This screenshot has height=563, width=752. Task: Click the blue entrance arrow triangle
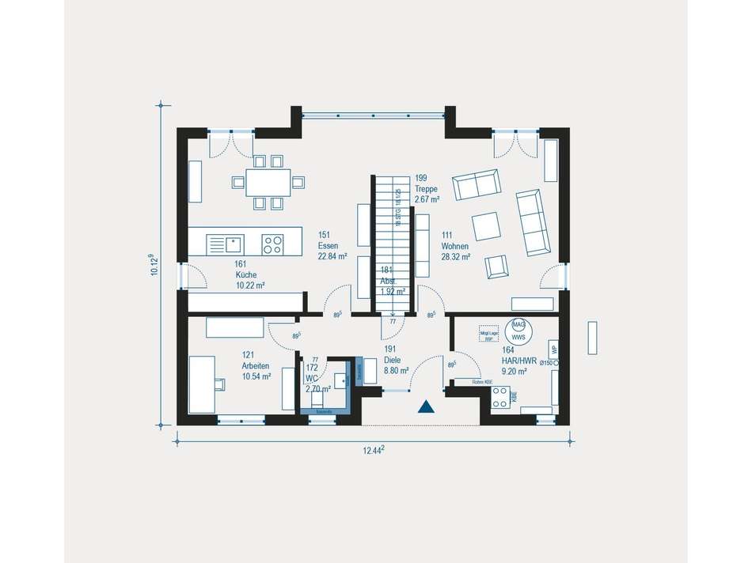[427, 407]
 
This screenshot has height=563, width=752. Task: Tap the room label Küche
[245, 274]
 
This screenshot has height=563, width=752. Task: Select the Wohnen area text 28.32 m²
[456, 257]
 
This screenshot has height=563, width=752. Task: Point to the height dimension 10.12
[154, 265]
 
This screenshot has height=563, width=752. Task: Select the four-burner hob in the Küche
[273, 244]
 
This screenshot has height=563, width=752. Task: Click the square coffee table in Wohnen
[486, 226]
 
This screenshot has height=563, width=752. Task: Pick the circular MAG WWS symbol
[518, 331]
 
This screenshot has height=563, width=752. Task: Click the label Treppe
[426, 189]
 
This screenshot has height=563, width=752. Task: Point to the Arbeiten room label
[256, 366]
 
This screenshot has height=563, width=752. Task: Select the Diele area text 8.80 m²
[396, 370]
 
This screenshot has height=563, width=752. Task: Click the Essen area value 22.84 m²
[333, 256]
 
